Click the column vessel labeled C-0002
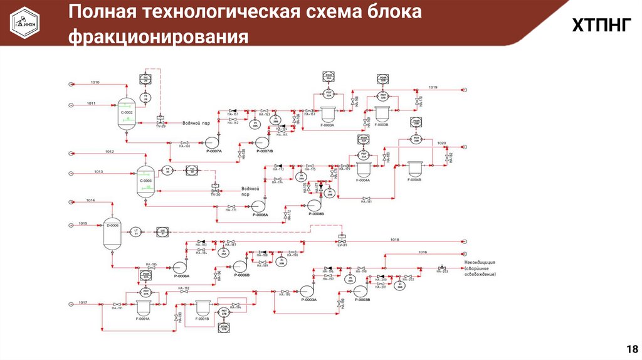click(126, 113)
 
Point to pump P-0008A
click(258, 205)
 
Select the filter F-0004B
click(415, 168)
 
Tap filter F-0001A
click(144, 307)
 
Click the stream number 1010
click(95, 82)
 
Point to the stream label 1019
click(433, 87)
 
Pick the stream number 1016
click(423, 252)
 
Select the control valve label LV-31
click(341, 245)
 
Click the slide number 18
click(631, 349)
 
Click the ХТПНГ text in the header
click(598, 26)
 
